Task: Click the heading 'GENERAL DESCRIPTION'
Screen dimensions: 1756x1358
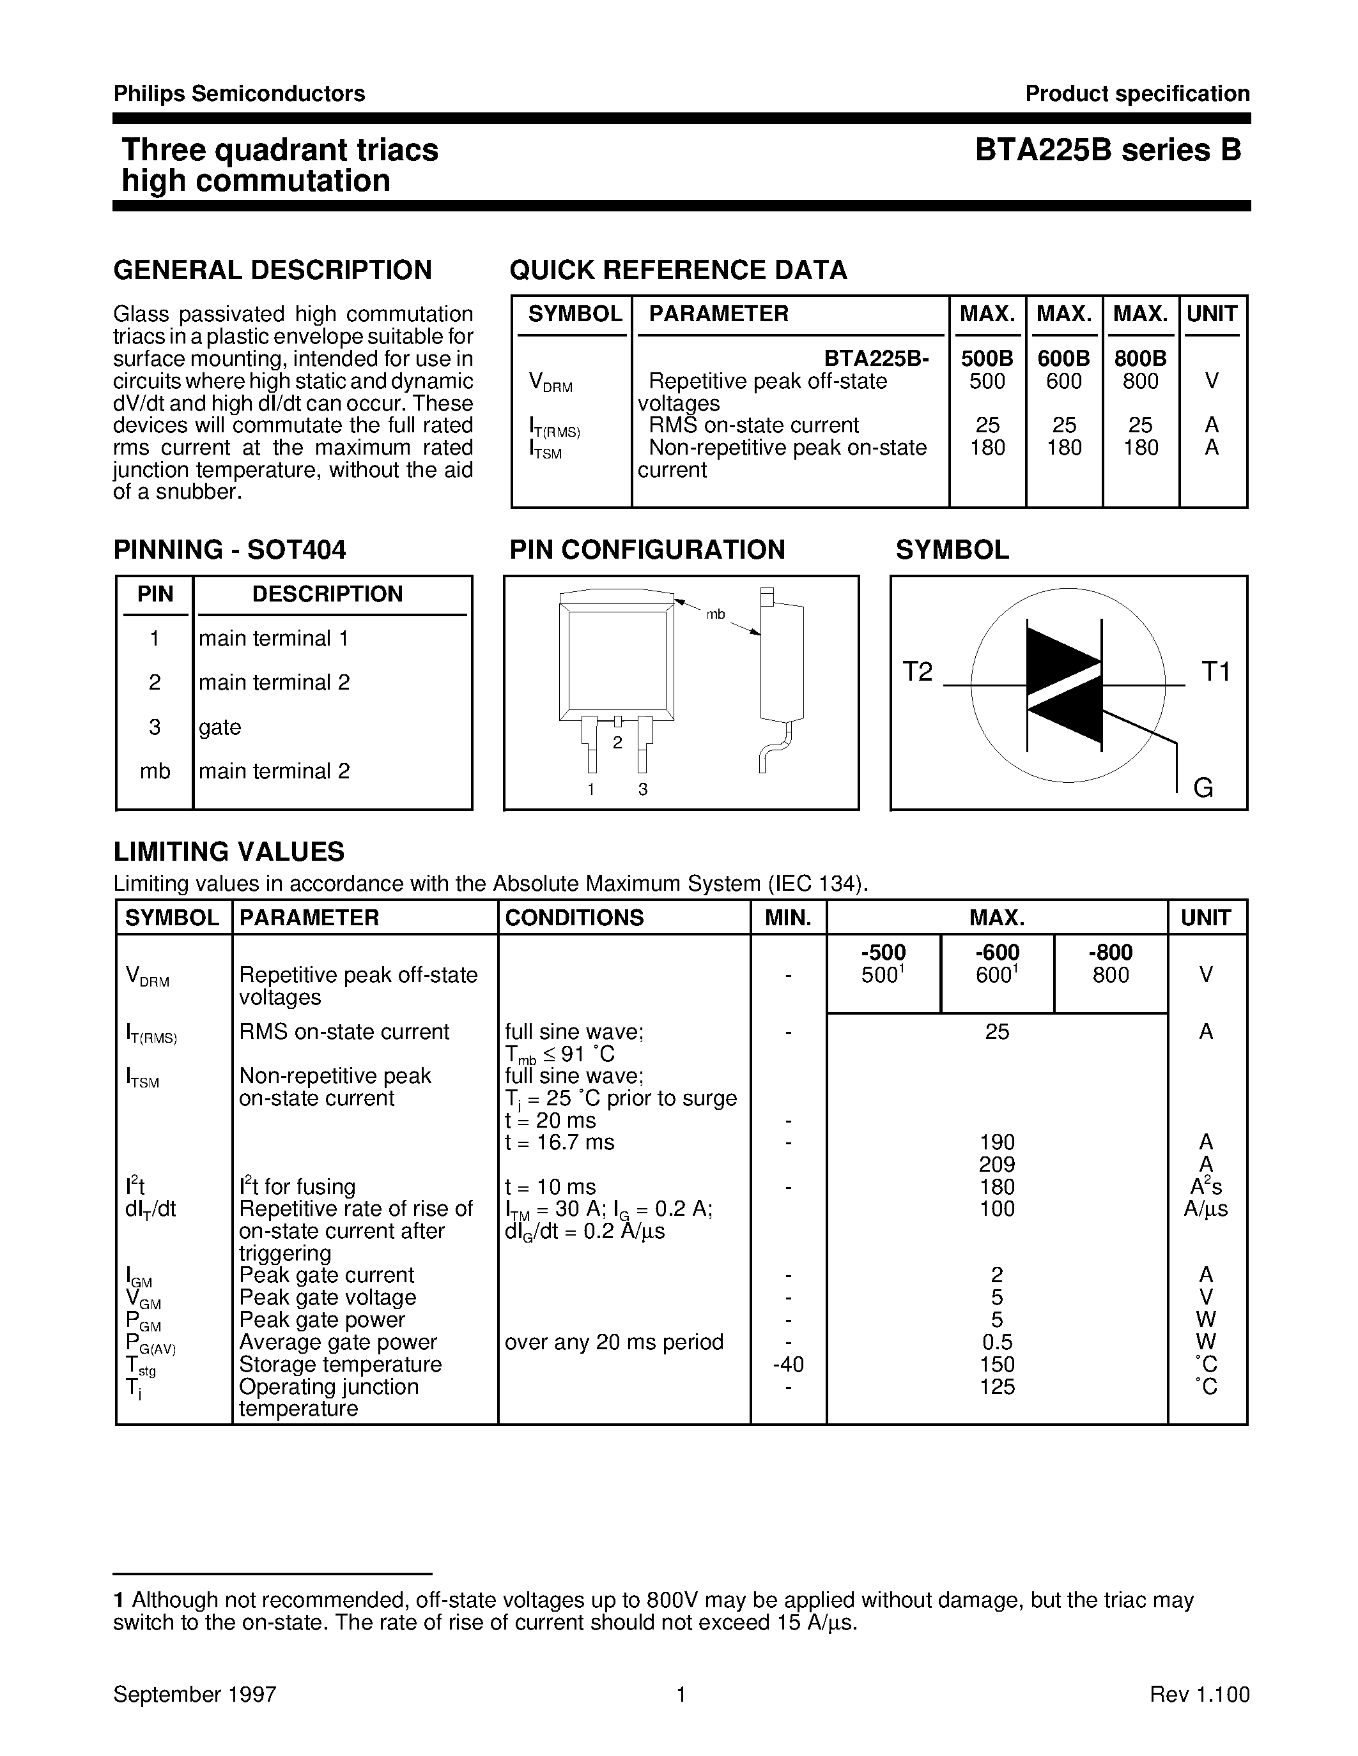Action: point(272,270)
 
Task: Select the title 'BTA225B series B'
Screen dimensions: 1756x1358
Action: point(1107,150)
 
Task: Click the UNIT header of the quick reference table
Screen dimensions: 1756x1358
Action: point(1211,314)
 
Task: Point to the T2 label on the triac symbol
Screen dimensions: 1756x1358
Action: point(917,671)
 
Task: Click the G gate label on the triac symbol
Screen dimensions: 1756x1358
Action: point(1203,788)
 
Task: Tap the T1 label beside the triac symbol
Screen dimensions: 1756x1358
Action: point(1215,671)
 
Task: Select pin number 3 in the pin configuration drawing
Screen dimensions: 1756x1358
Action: point(643,789)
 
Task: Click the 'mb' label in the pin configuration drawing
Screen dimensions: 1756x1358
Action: point(715,615)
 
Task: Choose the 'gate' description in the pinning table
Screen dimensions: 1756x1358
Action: point(220,727)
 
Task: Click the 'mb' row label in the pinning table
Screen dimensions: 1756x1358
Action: point(155,771)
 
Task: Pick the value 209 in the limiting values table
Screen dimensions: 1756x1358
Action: point(997,1164)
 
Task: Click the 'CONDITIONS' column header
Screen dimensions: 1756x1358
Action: point(574,918)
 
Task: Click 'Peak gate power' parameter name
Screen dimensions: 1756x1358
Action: point(322,1319)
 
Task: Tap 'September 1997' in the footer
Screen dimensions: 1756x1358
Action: point(195,1695)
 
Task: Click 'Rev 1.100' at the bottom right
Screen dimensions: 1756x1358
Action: point(1200,1695)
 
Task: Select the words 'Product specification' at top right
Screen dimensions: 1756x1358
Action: point(1137,94)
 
